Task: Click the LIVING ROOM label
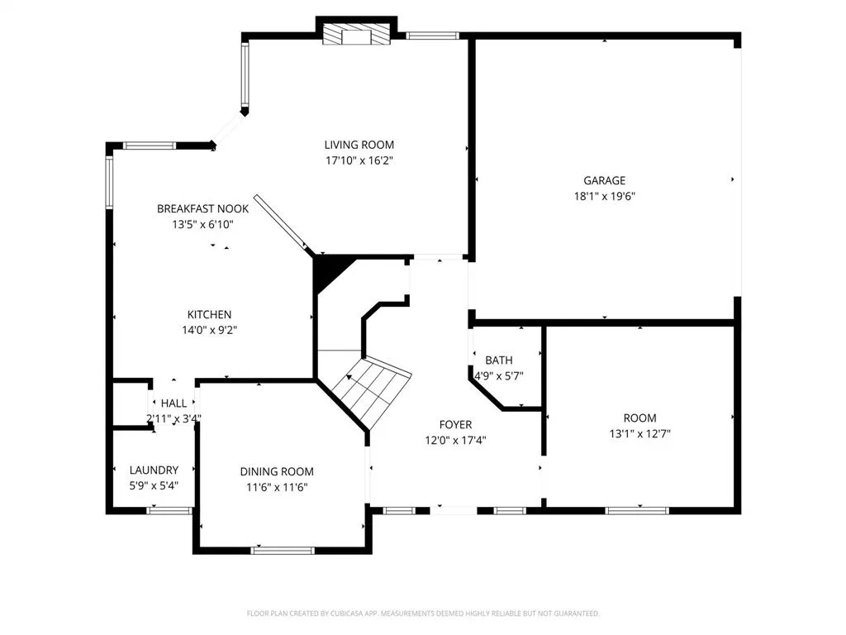click(359, 145)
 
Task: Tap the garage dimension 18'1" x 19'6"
click(604, 197)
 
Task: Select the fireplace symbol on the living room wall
click(356, 35)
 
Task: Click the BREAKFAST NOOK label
click(202, 209)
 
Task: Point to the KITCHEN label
click(209, 314)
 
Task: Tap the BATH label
click(498, 360)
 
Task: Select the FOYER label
click(454, 425)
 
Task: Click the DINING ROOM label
click(277, 471)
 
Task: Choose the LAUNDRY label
click(153, 470)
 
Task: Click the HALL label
click(173, 403)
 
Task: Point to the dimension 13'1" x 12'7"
click(639, 433)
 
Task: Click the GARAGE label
click(604, 180)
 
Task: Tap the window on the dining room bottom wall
click(283, 550)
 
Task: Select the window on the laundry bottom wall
click(169, 511)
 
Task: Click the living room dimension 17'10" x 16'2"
click(359, 160)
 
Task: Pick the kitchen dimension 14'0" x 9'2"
click(209, 330)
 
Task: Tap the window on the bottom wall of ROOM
click(637, 510)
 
